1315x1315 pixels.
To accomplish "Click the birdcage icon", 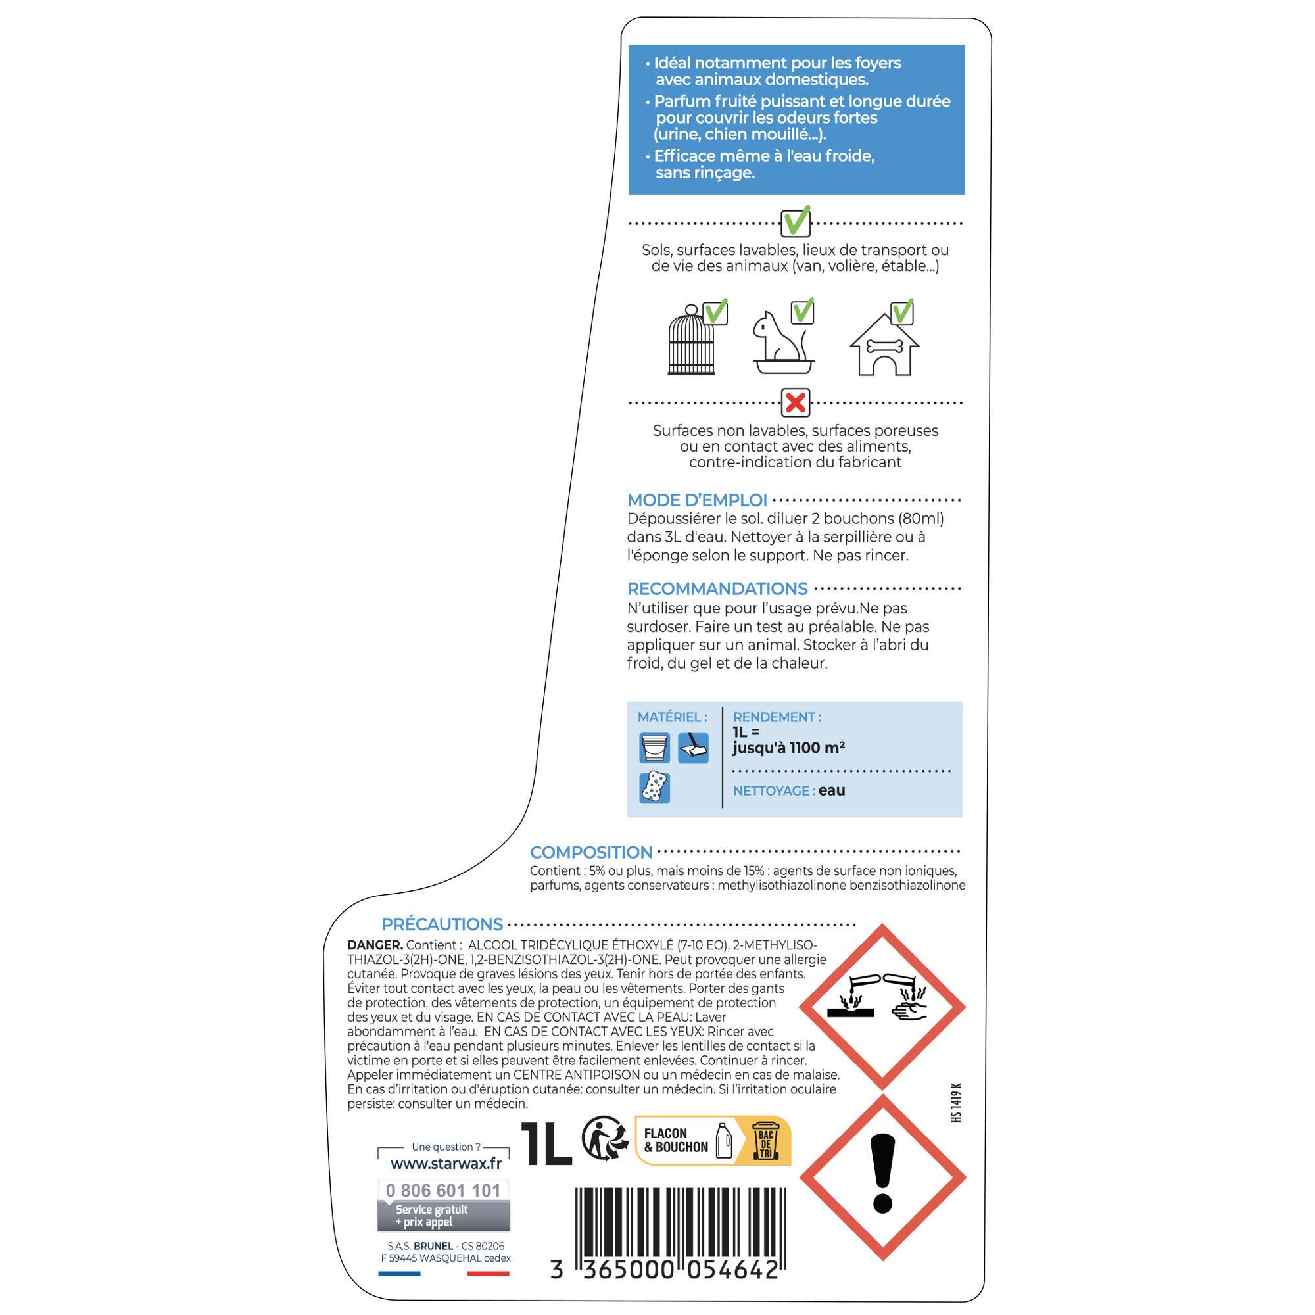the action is point(692,341).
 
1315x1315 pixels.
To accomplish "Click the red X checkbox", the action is point(795,403).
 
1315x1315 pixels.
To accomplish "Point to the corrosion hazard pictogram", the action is point(882,1007).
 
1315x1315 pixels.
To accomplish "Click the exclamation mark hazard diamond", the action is point(883,1177).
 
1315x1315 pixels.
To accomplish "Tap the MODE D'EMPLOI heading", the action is point(697,500).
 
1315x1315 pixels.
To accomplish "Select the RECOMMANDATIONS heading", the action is point(717,588).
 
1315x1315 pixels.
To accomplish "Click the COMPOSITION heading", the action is point(591,852).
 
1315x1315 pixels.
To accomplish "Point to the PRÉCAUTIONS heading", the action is point(442,924).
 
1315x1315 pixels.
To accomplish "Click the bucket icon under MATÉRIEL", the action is point(655,749).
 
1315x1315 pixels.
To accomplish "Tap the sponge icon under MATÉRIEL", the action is point(655,788).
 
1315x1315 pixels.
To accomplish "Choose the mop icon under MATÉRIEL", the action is point(694,749).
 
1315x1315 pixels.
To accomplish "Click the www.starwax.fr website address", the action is point(446,1163).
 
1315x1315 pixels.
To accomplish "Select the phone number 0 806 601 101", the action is point(443,1191).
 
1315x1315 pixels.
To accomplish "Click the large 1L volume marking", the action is point(546,1143).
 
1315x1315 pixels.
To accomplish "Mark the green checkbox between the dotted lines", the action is point(795,222).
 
